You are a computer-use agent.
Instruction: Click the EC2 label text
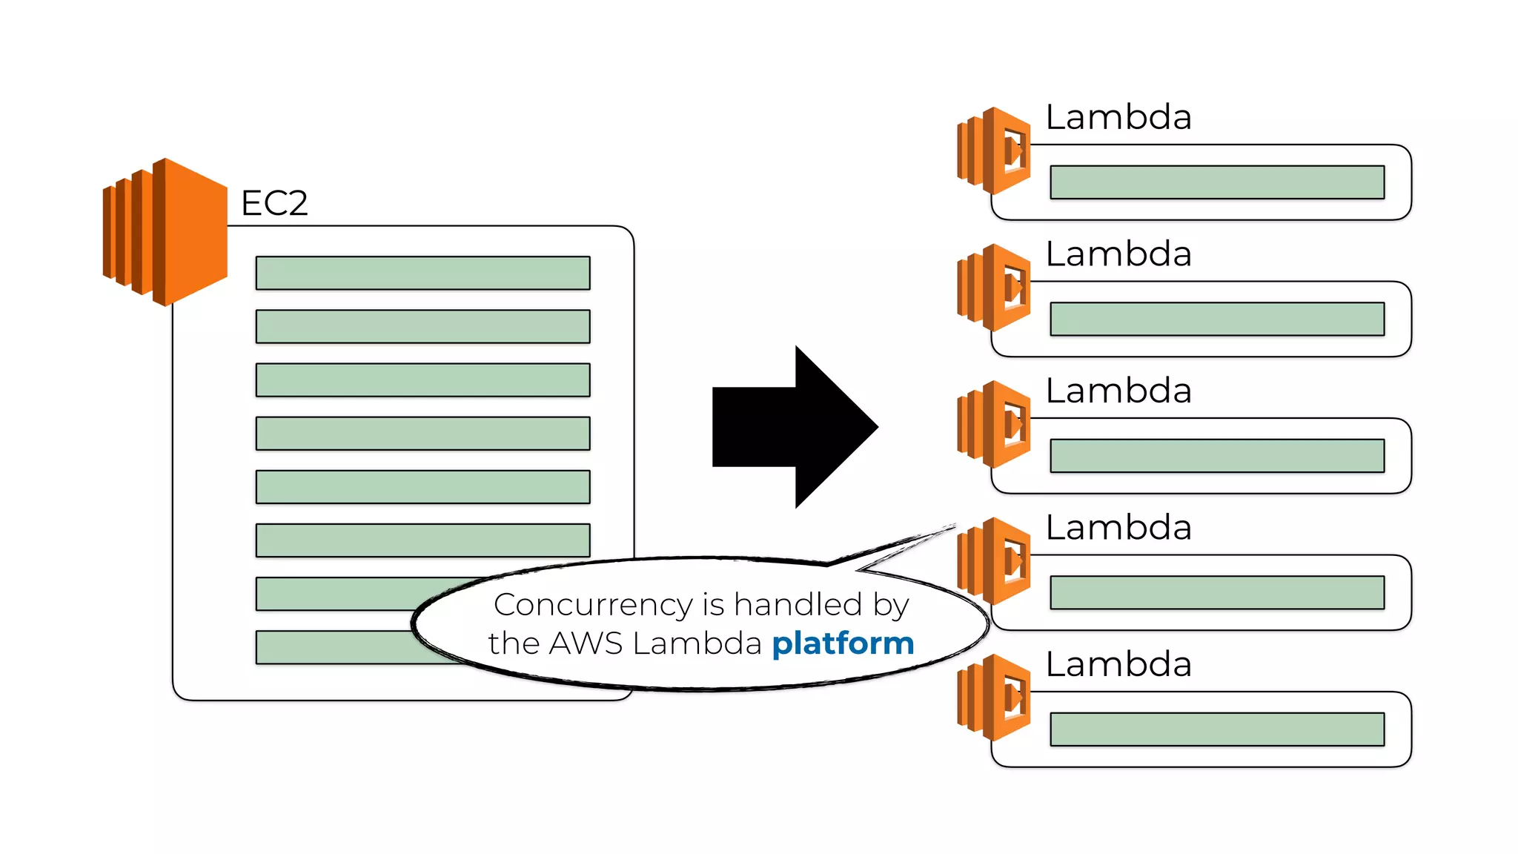(x=274, y=203)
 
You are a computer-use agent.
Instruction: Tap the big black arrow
(x=794, y=427)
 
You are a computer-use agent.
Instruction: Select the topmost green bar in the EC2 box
(x=422, y=273)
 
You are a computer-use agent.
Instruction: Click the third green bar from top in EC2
(x=422, y=380)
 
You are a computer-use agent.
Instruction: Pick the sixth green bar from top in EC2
(x=422, y=540)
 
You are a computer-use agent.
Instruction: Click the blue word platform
(x=843, y=643)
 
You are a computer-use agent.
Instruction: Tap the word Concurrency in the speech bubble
(x=592, y=605)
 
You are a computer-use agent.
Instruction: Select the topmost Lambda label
(x=1118, y=117)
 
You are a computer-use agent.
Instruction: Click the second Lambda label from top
(x=1118, y=254)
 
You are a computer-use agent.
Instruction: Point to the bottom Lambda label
(x=1118, y=664)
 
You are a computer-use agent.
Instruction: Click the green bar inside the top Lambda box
(x=1217, y=182)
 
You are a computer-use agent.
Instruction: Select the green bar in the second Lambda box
(x=1217, y=319)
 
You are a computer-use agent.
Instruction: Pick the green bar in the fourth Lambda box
(x=1217, y=592)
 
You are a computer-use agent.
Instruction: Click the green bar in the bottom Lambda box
(x=1217, y=729)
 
